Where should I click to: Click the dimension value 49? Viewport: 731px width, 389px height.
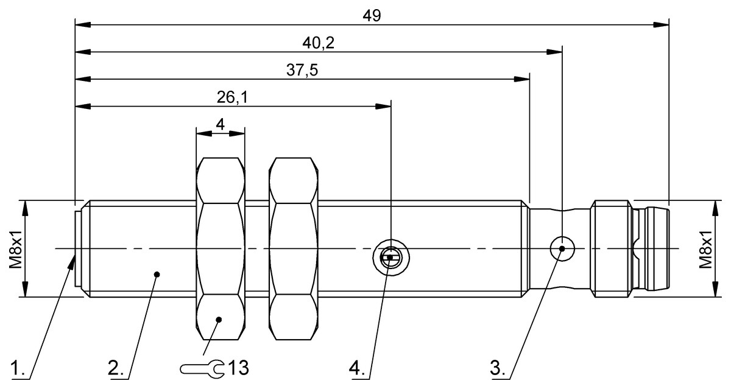coord(372,16)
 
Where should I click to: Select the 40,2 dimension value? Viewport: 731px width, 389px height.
coord(319,43)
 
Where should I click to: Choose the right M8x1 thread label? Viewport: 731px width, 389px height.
coord(705,248)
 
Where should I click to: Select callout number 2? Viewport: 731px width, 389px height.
coord(116,368)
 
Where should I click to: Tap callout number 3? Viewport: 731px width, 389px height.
coord(499,368)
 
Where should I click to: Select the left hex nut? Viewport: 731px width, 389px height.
coord(220,248)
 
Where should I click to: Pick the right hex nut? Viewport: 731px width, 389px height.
coord(293,248)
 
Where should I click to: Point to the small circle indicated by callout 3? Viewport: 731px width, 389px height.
coord(562,248)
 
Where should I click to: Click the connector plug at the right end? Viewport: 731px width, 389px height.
coord(634,248)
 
